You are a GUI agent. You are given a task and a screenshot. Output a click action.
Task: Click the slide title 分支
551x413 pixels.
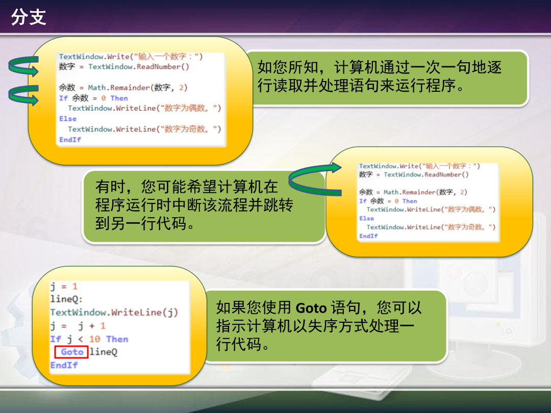click(x=29, y=17)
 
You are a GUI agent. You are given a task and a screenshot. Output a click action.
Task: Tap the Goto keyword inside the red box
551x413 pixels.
click(x=72, y=352)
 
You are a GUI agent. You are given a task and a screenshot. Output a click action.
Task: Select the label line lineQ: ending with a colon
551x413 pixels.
click(x=66, y=299)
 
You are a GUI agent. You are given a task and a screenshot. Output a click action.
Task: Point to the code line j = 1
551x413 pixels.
click(x=64, y=286)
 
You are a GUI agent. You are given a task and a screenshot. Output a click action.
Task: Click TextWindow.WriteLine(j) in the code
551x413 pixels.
click(x=114, y=313)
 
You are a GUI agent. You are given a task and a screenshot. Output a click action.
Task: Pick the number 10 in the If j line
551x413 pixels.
click(x=94, y=339)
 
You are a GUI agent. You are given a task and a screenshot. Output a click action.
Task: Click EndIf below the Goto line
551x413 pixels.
click(x=64, y=365)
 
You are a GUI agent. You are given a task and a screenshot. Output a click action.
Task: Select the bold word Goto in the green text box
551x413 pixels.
click(x=311, y=308)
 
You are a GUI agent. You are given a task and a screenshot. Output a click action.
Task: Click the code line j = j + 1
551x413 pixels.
click(x=78, y=326)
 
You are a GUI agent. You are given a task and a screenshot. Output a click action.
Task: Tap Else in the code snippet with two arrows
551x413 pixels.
click(x=68, y=119)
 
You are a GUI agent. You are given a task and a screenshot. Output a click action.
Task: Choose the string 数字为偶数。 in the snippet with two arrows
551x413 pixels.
click(x=189, y=108)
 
